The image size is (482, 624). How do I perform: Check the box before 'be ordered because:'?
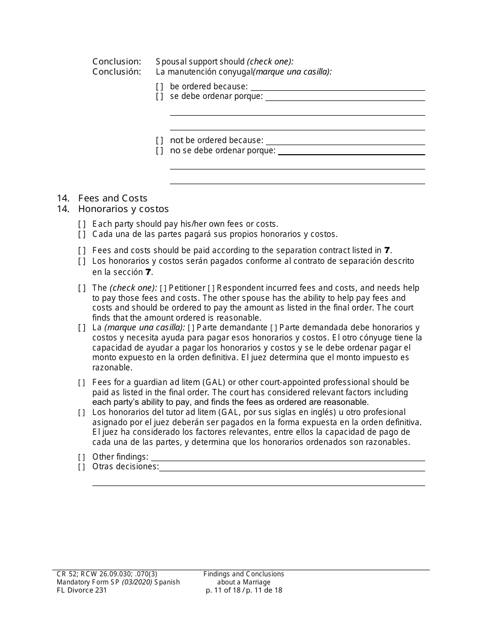point(159,87)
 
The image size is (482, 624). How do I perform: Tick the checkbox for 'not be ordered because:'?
point(159,141)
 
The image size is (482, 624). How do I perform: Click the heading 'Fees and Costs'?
point(113,198)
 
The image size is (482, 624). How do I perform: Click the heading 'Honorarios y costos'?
point(123,209)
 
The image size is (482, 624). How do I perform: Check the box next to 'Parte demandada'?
point(273,328)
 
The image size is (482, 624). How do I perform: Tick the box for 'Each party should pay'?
point(82,224)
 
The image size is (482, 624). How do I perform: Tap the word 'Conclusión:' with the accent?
point(117,72)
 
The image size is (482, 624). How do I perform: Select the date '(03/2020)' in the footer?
point(136,582)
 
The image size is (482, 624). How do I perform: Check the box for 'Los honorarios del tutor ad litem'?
point(82,412)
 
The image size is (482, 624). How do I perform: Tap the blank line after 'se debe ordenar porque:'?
point(345,97)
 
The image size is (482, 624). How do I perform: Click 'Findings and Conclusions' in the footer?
point(244,574)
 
